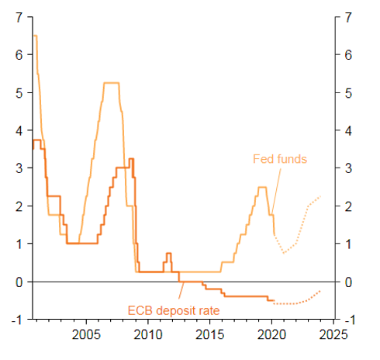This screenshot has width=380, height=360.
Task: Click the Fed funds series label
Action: point(280,159)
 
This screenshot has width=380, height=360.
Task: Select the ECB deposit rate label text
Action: point(175,311)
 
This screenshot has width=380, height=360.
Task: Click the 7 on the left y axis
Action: point(18,17)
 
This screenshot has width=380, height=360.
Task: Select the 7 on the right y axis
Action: point(349,17)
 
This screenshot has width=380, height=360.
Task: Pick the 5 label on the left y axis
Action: point(18,92)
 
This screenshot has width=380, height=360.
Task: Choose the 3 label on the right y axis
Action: point(349,168)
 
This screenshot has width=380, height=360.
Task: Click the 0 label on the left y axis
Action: point(18,282)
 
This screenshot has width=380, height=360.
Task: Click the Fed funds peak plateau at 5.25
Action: point(111,83)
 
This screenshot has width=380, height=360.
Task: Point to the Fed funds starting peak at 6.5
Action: point(36,36)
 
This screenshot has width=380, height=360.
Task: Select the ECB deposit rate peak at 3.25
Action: point(131,159)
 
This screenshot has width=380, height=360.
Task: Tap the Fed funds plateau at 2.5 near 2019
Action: point(263,187)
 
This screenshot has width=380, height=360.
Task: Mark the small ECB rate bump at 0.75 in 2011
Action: point(168,253)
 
